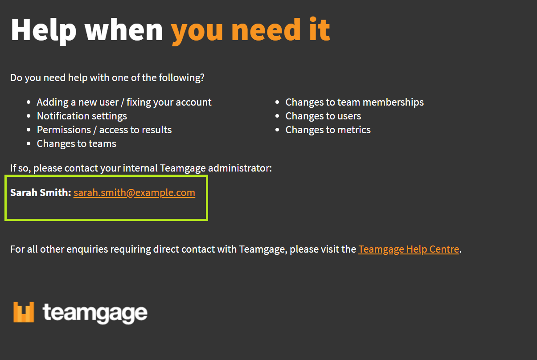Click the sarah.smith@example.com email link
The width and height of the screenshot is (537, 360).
tap(134, 193)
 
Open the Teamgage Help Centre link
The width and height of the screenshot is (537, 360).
tap(409, 249)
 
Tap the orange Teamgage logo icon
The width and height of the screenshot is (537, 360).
tap(24, 312)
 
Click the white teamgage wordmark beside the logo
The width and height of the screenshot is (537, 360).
tap(95, 313)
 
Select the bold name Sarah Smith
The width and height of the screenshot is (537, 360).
tap(41, 192)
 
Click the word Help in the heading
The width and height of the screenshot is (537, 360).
tap(44, 30)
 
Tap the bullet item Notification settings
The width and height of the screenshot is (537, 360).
tap(82, 116)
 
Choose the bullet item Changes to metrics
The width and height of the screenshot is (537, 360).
tap(328, 130)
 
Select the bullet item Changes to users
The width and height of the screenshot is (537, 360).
tap(323, 116)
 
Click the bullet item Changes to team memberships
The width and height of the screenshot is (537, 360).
tap(355, 102)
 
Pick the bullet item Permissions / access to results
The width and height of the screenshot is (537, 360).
tap(104, 130)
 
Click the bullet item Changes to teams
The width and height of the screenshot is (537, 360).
tap(77, 144)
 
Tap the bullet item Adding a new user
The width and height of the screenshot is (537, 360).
tap(78, 102)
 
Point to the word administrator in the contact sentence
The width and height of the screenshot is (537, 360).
tap(240, 168)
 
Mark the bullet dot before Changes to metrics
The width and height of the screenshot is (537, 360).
tap(277, 130)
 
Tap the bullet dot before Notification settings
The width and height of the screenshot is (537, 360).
tap(29, 116)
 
